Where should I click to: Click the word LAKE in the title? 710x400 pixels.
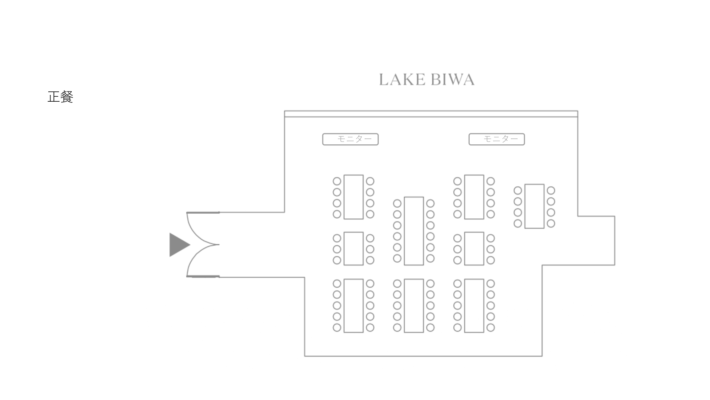(402, 80)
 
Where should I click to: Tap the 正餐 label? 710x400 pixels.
(60, 97)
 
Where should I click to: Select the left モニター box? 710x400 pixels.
(350, 139)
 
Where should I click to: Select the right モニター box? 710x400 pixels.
(497, 139)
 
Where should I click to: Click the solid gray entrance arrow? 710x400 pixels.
(179, 245)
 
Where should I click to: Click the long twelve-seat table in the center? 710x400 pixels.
(414, 231)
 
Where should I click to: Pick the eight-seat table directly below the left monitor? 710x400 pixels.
(353, 197)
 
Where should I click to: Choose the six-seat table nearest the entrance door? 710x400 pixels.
(353, 249)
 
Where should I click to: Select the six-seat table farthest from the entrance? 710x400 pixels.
(474, 249)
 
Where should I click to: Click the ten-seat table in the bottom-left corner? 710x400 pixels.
(353, 305)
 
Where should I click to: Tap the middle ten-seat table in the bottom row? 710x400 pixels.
(414, 305)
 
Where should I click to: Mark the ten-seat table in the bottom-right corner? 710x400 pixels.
(474, 305)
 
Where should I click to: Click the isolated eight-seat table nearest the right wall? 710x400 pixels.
(534, 206)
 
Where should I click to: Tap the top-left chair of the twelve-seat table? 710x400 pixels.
(397, 203)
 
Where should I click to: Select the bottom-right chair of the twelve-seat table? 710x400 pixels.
(430, 258)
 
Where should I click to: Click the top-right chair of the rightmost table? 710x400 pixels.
(551, 191)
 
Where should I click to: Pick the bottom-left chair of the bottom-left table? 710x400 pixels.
(337, 327)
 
